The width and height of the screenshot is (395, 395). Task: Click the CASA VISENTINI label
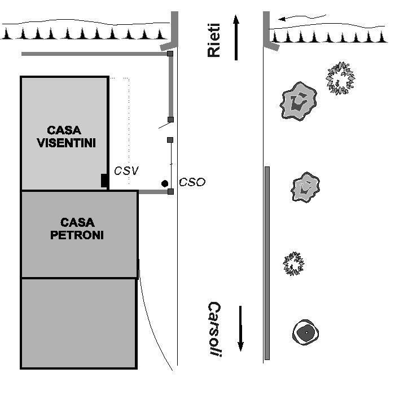65,136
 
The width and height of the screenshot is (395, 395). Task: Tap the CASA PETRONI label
77,229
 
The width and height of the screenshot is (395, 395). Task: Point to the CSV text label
126,170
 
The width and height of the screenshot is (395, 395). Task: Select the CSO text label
192,182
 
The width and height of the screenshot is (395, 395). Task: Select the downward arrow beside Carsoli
241,328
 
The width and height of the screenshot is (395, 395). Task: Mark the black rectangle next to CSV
104,181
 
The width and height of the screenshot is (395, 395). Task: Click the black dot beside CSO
164,183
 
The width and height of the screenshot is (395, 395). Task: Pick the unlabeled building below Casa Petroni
78,323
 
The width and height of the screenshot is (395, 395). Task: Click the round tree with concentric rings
306,332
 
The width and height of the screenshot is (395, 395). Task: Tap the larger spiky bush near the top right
340,78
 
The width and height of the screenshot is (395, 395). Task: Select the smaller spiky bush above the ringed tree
294,264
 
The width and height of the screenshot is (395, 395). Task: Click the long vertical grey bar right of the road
267,263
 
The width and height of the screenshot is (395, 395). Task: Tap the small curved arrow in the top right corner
302,17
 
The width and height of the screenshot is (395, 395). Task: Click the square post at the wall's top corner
170,54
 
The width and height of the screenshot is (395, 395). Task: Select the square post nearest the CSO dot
170,192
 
